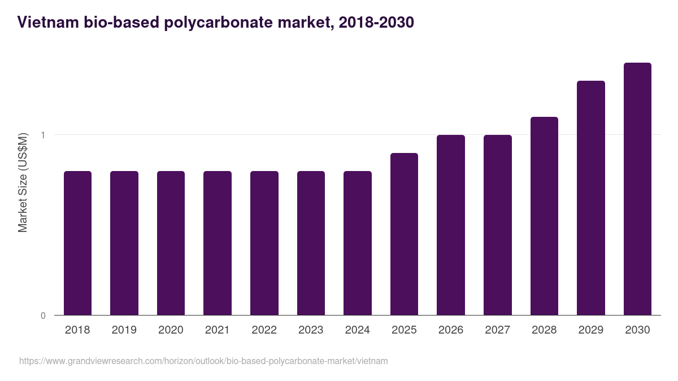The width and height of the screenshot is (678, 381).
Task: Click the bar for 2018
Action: pos(77,243)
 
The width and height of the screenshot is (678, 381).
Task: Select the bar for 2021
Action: pos(218,243)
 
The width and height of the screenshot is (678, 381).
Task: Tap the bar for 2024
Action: pos(358,243)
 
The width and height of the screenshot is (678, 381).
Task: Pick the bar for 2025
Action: pos(404,234)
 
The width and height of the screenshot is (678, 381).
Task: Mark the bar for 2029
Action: pos(591,198)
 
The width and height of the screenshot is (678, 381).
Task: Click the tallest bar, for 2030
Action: pos(637,189)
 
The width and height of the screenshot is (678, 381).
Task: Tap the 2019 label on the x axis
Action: pos(124,330)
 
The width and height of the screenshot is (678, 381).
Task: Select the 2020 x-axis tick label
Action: pos(171,330)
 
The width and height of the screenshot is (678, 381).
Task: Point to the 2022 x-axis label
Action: pos(264,330)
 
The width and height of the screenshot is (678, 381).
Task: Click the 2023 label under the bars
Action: pos(311,330)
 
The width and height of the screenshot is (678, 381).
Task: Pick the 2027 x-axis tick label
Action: pos(497,330)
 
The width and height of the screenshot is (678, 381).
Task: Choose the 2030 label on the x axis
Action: pos(637,330)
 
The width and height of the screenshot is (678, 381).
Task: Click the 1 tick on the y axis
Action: pos(43,135)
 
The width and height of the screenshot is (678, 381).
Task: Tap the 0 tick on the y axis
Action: pos(43,316)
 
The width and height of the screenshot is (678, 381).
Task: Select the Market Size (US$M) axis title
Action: pos(23,183)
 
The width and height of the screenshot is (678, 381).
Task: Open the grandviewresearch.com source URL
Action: pos(203,361)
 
